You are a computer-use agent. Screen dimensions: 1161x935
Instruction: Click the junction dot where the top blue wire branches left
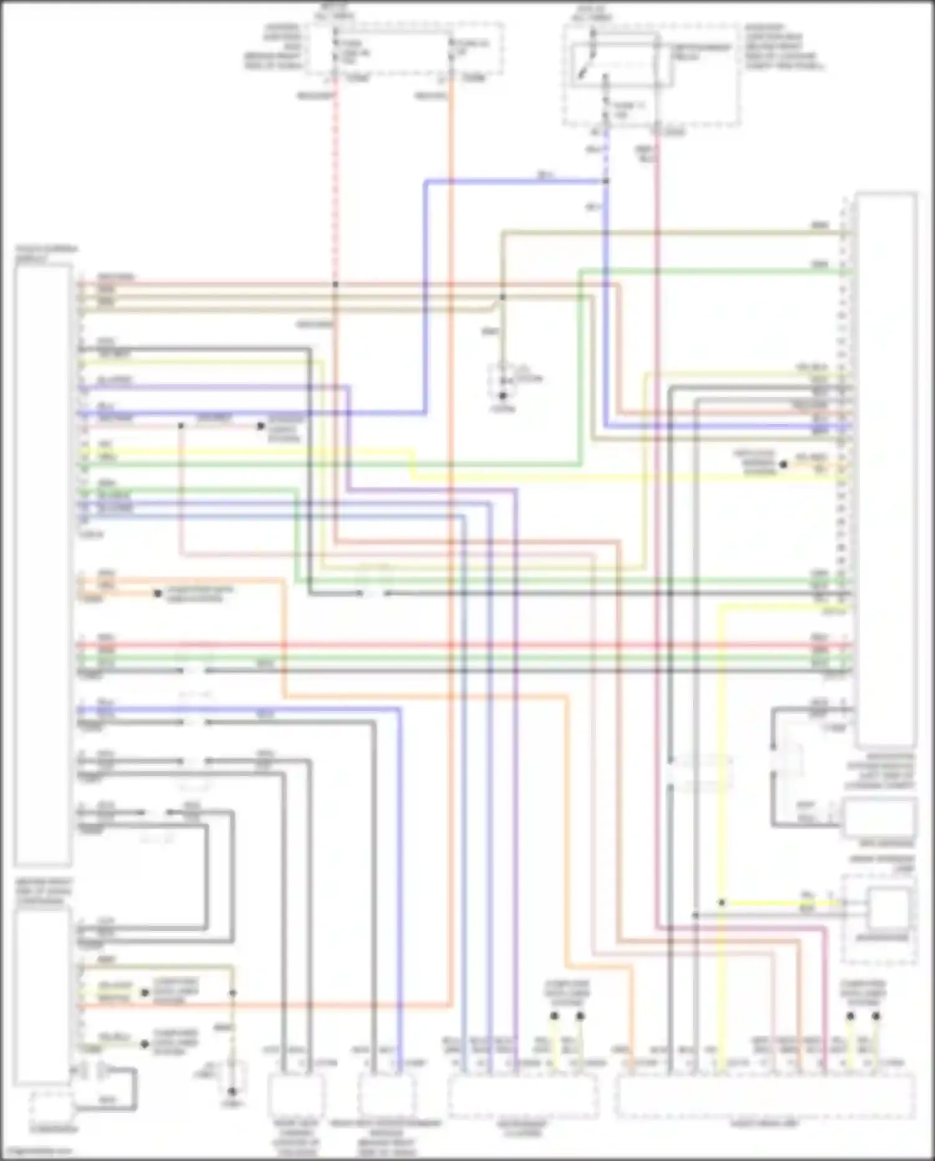click(606, 182)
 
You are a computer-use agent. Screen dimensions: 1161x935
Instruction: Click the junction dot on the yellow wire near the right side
click(721, 903)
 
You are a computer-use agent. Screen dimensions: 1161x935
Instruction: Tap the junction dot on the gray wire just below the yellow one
click(696, 915)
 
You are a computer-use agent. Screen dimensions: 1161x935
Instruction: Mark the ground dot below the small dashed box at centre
click(502, 396)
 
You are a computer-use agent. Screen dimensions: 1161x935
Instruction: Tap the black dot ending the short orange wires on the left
click(158, 593)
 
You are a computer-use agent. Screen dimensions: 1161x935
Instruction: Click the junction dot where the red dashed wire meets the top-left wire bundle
click(335, 284)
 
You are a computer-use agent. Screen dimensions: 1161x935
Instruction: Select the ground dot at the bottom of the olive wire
click(232, 1091)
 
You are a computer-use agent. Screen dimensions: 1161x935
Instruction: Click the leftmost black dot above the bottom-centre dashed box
click(554, 1016)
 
